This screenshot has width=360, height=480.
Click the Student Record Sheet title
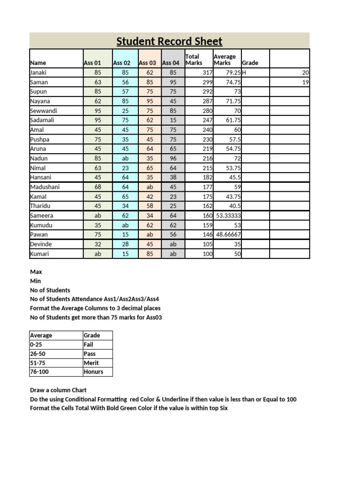click(169, 41)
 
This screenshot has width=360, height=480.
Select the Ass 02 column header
click(121, 63)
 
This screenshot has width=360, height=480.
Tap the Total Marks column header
click(194, 60)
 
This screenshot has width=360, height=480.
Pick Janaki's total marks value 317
click(207, 73)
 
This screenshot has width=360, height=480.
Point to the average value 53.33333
click(228, 216)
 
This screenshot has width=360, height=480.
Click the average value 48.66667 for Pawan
click(228, 234)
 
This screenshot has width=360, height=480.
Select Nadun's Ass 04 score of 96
click(173, 158)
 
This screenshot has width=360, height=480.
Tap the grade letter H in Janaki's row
click(244, 73)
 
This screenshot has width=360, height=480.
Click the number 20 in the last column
click(305, 73)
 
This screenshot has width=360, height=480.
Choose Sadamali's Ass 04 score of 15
click(173, 120)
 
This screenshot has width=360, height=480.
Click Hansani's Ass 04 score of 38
click(173, 177)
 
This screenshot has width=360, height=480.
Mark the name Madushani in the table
click(45, 187)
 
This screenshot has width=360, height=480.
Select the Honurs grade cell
click(93, 372)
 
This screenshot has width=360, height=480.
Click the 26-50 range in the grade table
click(38, 353)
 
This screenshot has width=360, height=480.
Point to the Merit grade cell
click(91, 363)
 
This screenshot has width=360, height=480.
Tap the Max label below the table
click(36, 272)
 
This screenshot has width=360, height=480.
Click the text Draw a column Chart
click(58, 390)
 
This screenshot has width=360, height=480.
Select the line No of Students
click(50, 290)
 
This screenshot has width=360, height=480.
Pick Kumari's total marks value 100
click(207, 254)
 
